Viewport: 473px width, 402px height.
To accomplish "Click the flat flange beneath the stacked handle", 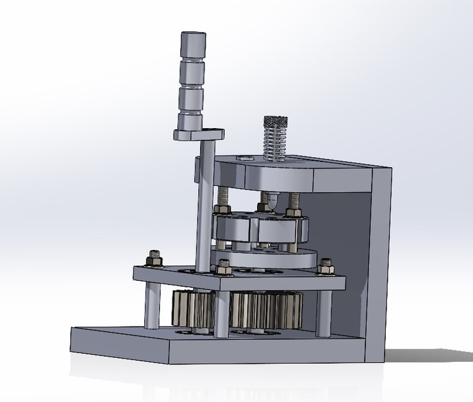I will click(198, 133).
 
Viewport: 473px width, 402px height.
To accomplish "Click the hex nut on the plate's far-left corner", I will click(154, 258).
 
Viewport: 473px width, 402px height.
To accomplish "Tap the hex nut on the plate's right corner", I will click(325, 267).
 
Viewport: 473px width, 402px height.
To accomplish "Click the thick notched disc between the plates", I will click(261, 229).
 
